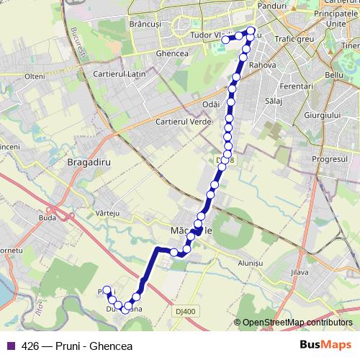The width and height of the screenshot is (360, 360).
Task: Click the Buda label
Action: coord(48,216)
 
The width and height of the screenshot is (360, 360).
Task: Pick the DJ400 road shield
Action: coord(184,312)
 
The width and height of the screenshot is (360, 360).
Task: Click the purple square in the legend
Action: coord(10,346)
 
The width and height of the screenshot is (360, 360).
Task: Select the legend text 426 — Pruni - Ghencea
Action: coord(73,346)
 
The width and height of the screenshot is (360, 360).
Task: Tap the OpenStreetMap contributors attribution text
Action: coord(296,323)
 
